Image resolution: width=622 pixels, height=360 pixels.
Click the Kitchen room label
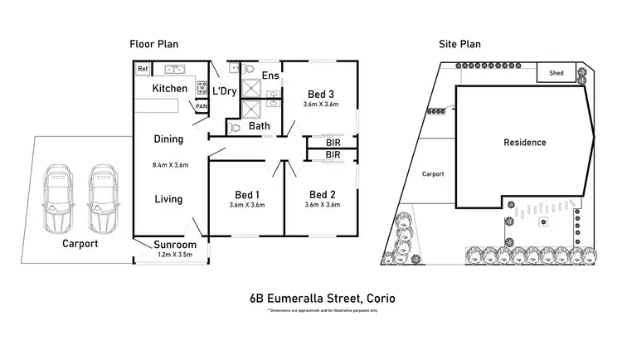(x=170, y=89)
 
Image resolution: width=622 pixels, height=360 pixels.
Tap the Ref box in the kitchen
(x=143, y=69)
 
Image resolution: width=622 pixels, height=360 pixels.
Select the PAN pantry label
(x=201, y=107)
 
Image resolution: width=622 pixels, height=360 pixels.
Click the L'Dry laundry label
(x=225, y=91)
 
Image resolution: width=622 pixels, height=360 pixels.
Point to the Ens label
(x=270, y=76)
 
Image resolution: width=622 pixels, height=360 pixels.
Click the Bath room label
(x=260, y=127)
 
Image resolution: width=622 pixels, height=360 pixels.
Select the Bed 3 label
(x=322, y=94)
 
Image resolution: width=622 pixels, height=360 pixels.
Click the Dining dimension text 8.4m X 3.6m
(x=170, y=165)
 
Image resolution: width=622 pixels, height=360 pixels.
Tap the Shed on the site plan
(x=556, y=73)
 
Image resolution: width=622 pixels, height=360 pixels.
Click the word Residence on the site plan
(x=525, y=143)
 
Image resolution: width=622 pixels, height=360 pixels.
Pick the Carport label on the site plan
(x=433, y=174)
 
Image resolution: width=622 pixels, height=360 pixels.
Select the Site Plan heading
(x=460, y=44)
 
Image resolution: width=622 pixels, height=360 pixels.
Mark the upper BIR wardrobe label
(x=333, y=143)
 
